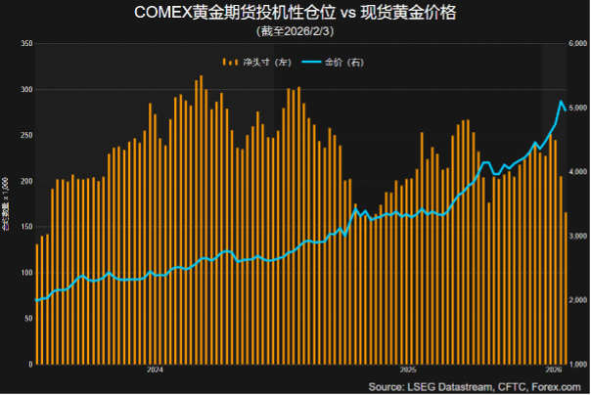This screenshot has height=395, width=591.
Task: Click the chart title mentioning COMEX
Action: coord(295,13)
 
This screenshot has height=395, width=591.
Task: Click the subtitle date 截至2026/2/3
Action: coord(295,31)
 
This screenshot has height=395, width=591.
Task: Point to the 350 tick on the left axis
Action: coord(26,44)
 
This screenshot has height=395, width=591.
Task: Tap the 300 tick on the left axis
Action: coord(26,89)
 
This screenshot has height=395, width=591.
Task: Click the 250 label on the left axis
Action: coord(26,135)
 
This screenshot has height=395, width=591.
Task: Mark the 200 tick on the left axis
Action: coord(26,181)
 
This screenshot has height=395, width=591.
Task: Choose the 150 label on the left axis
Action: coord(26,227)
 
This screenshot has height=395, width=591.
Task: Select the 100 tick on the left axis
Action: coord(26,273)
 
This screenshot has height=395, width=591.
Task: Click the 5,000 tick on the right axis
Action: coord(577,108)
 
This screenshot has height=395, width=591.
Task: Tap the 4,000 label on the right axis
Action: coord(577,172)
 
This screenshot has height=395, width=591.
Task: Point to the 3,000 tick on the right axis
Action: coord(577,237)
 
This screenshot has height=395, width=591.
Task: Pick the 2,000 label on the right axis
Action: coord(577,301)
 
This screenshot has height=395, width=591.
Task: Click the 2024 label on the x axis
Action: coord(155,371)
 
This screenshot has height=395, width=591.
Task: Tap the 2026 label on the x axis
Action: coord(553,371)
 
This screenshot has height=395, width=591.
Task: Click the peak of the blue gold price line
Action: coord(561,101)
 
